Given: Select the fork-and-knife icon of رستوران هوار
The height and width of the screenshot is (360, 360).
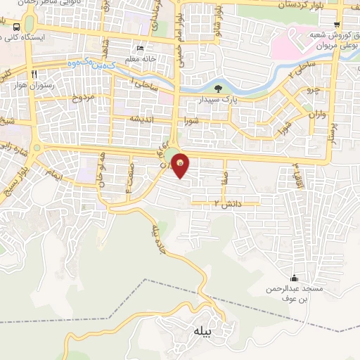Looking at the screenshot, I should [x=33, y=73].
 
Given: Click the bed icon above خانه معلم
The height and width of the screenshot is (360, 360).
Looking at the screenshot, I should [x=141, y=49].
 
